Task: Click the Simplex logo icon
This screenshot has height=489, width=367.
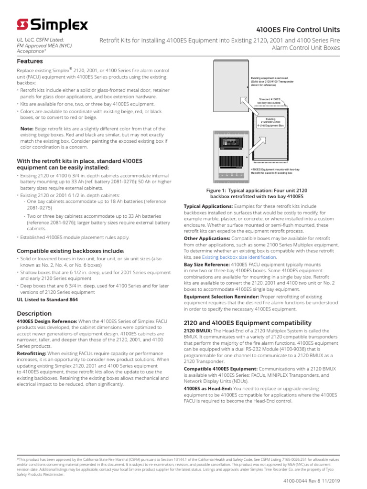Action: click(x=22, y=24)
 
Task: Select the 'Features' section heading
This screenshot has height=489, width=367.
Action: click(x=30, y=61)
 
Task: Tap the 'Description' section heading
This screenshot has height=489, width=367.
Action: click(x=34, y=313)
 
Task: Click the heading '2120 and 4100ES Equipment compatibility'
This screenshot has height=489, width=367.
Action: click(x=248, y=323)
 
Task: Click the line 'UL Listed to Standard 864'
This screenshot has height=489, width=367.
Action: click(x=47, y=299)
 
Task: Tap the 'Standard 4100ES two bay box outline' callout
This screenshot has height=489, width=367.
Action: click(x=271, y=101)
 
